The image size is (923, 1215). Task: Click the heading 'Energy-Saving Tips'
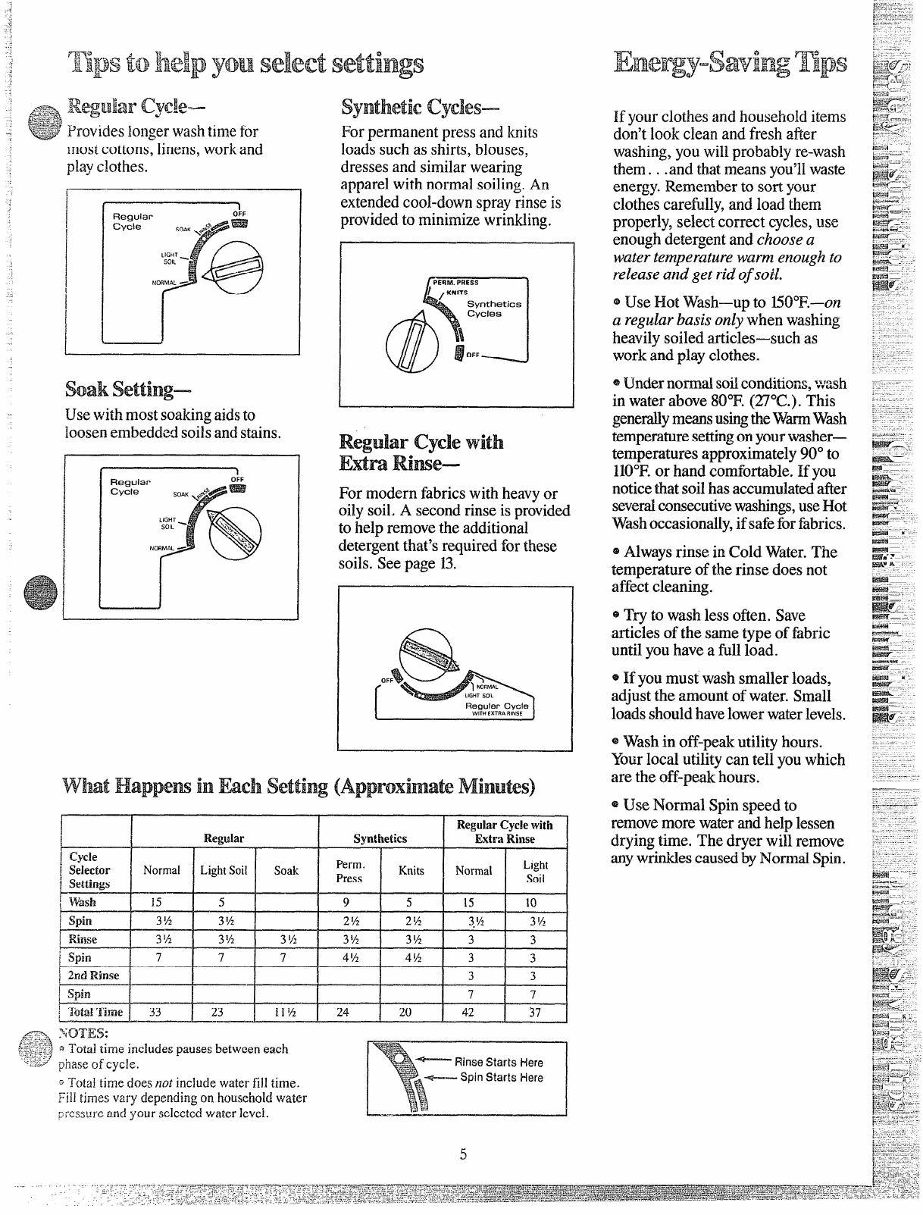731,63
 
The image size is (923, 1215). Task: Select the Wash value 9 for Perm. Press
346,902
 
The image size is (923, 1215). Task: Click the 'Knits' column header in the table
411,871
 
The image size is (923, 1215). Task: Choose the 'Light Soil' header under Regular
224,871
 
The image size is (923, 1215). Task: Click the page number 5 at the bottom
463,1154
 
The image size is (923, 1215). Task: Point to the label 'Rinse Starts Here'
498,1062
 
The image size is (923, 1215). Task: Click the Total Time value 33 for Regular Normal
155,1012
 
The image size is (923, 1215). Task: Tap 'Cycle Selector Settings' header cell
90,870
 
